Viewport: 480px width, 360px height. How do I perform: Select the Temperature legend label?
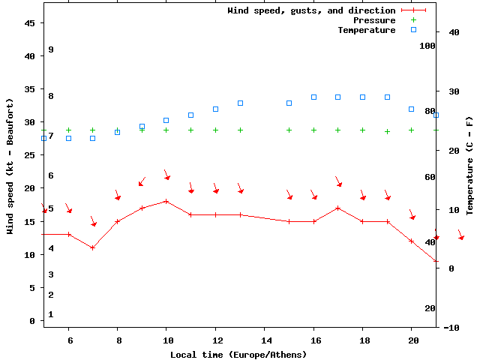click(366, 30)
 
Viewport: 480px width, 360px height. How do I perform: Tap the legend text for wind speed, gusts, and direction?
click(311, 10)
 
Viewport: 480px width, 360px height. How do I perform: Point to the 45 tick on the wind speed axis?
click(30, 23)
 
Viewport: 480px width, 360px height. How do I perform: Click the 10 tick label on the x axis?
click(166, 340)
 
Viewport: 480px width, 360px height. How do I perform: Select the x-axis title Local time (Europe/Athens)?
click(238, 354)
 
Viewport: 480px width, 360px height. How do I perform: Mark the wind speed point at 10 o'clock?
click(166, 201)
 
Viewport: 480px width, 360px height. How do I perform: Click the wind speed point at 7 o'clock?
click(93, 247)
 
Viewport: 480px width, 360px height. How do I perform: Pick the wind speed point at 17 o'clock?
click(338, 208)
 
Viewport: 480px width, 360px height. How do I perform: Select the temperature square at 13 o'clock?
click(240, 103)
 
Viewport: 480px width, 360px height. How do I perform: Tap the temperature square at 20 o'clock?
click(412, 109)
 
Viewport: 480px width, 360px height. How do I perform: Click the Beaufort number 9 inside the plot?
click(51, 49)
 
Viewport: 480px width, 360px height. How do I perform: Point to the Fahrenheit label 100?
click(427, 46)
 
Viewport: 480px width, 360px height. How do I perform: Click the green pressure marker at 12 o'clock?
click(215, 130)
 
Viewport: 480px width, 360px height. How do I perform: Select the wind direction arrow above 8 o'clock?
click(117, 196)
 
